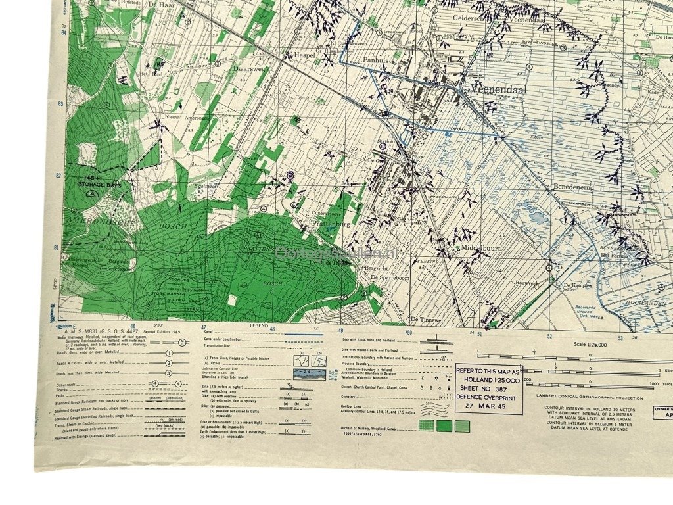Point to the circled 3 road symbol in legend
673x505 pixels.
(169, 372)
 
